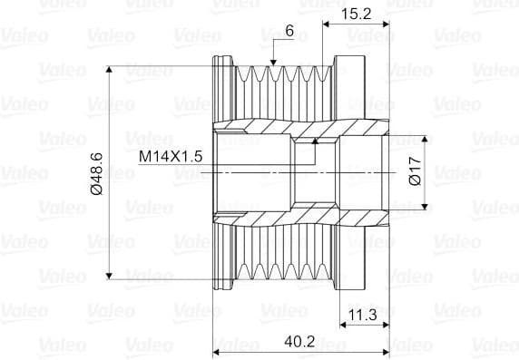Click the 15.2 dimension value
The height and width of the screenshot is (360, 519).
357,14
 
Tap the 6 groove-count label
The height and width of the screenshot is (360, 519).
289,31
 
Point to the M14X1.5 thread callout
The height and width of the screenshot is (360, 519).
170,157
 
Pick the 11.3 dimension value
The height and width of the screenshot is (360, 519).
363,316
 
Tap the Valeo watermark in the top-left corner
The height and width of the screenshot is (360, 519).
17,37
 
